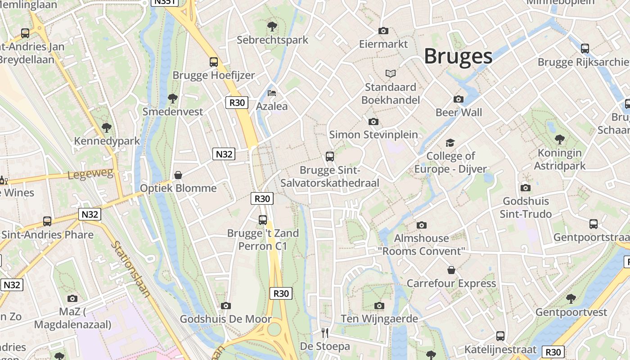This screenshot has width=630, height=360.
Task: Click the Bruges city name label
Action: (x=458, y=56)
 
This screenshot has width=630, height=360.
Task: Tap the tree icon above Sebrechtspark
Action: (x=272, y=27)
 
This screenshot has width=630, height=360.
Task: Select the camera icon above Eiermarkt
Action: (x=383, y=31)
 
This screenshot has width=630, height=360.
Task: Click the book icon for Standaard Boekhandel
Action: (x=391, y=73)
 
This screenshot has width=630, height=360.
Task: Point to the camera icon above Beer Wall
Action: (x=459, y=99)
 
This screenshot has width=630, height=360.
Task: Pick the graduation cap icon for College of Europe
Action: (x=450, y=143)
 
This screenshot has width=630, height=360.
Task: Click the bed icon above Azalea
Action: (x=272, y=93)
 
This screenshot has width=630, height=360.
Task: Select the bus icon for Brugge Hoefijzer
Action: (x=214, y=62)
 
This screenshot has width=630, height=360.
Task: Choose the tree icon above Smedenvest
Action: (x=172, y=98)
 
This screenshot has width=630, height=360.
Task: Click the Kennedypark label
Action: (x=107, y=141)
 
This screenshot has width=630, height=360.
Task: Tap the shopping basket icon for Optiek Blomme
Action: (x=178, y=175)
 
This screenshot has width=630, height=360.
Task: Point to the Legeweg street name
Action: (x=90, y=173)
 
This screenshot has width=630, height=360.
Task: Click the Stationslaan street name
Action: (x=131, y=269)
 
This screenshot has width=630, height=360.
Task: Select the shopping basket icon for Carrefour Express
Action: (x=451, y=270)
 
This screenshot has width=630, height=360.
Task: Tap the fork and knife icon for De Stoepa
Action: (x=325, y=333)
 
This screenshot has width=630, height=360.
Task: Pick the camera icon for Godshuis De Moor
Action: (x=226, y=306)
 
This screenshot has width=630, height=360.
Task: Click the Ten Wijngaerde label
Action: (x=379, y=319)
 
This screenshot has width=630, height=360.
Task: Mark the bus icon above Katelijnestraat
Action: (x=500, y=336)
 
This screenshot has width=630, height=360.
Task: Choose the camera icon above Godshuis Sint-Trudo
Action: (x=525, y=188)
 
